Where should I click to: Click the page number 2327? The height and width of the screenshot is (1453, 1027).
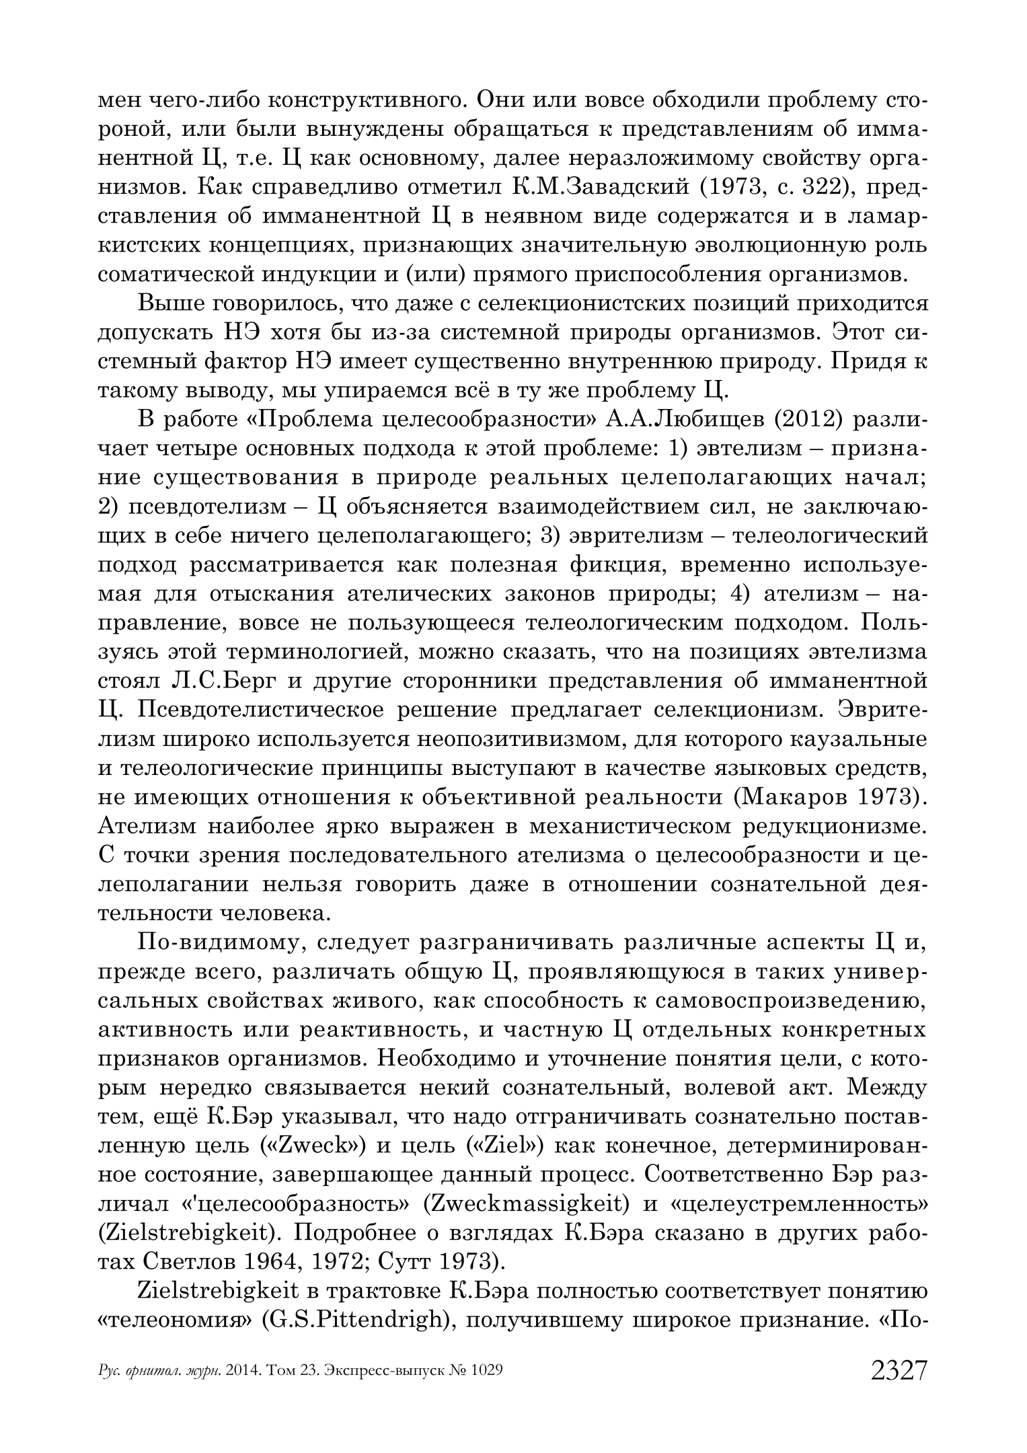click(x=899, y=1370)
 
